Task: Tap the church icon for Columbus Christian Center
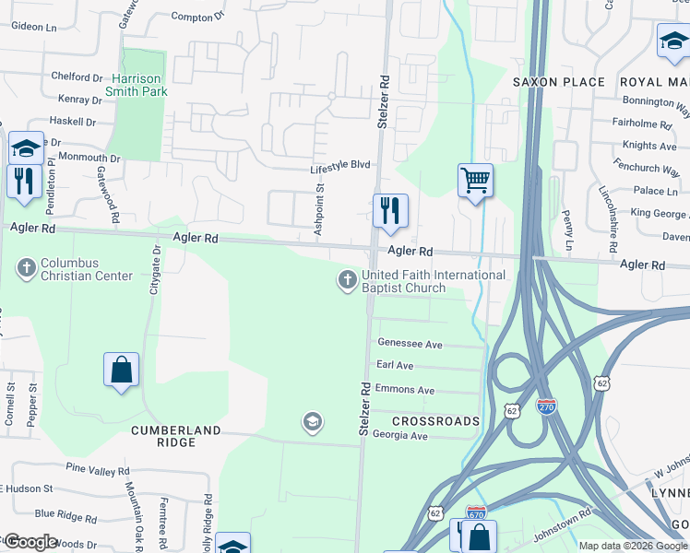(27, 268)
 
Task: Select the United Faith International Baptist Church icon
(347, 280)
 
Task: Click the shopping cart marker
(475, 180)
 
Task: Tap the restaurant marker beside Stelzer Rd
(390, 210)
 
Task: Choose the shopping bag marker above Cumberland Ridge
(121, 371)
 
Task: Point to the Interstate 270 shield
(547, 406)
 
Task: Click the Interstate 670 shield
(476, 513)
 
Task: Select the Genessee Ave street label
(410, 343)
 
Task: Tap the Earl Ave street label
(395, 366)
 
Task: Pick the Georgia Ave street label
(400, 436)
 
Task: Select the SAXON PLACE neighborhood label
(559, 82)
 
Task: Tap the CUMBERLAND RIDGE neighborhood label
(175, 436)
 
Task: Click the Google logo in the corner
(30, 542)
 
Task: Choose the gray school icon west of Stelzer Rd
(313, 422)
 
